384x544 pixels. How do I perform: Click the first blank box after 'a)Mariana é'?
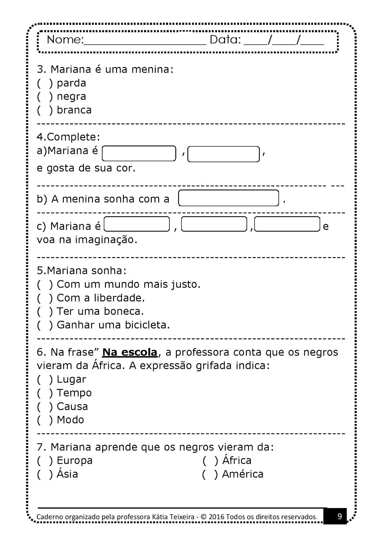coord(139,153)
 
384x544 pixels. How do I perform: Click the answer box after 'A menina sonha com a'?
coord(228,198)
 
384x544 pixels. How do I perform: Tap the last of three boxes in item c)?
coord(287,224)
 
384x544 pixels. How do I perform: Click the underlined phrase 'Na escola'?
coord(130,352)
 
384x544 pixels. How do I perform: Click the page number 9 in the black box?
coord(339,516)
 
